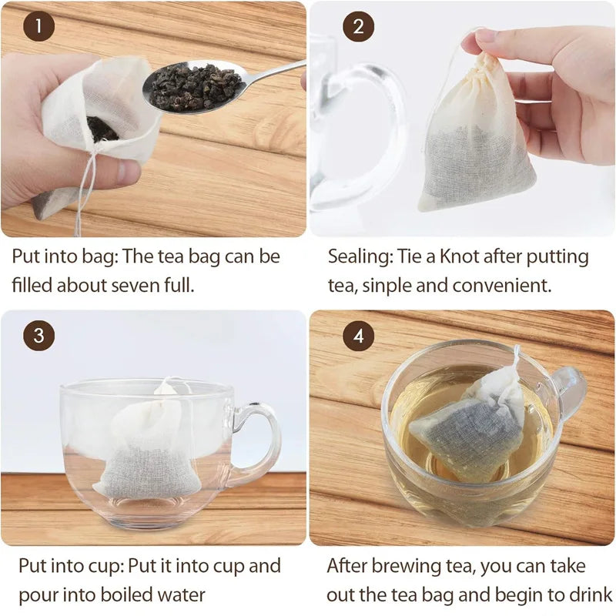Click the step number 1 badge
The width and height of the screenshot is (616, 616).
point(38,28)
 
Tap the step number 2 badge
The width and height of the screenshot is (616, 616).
point(358,28)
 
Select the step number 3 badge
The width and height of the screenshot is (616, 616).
point(38,336)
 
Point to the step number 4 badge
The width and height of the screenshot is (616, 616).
point(358,336)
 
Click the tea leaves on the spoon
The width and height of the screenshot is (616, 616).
point(194,86)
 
